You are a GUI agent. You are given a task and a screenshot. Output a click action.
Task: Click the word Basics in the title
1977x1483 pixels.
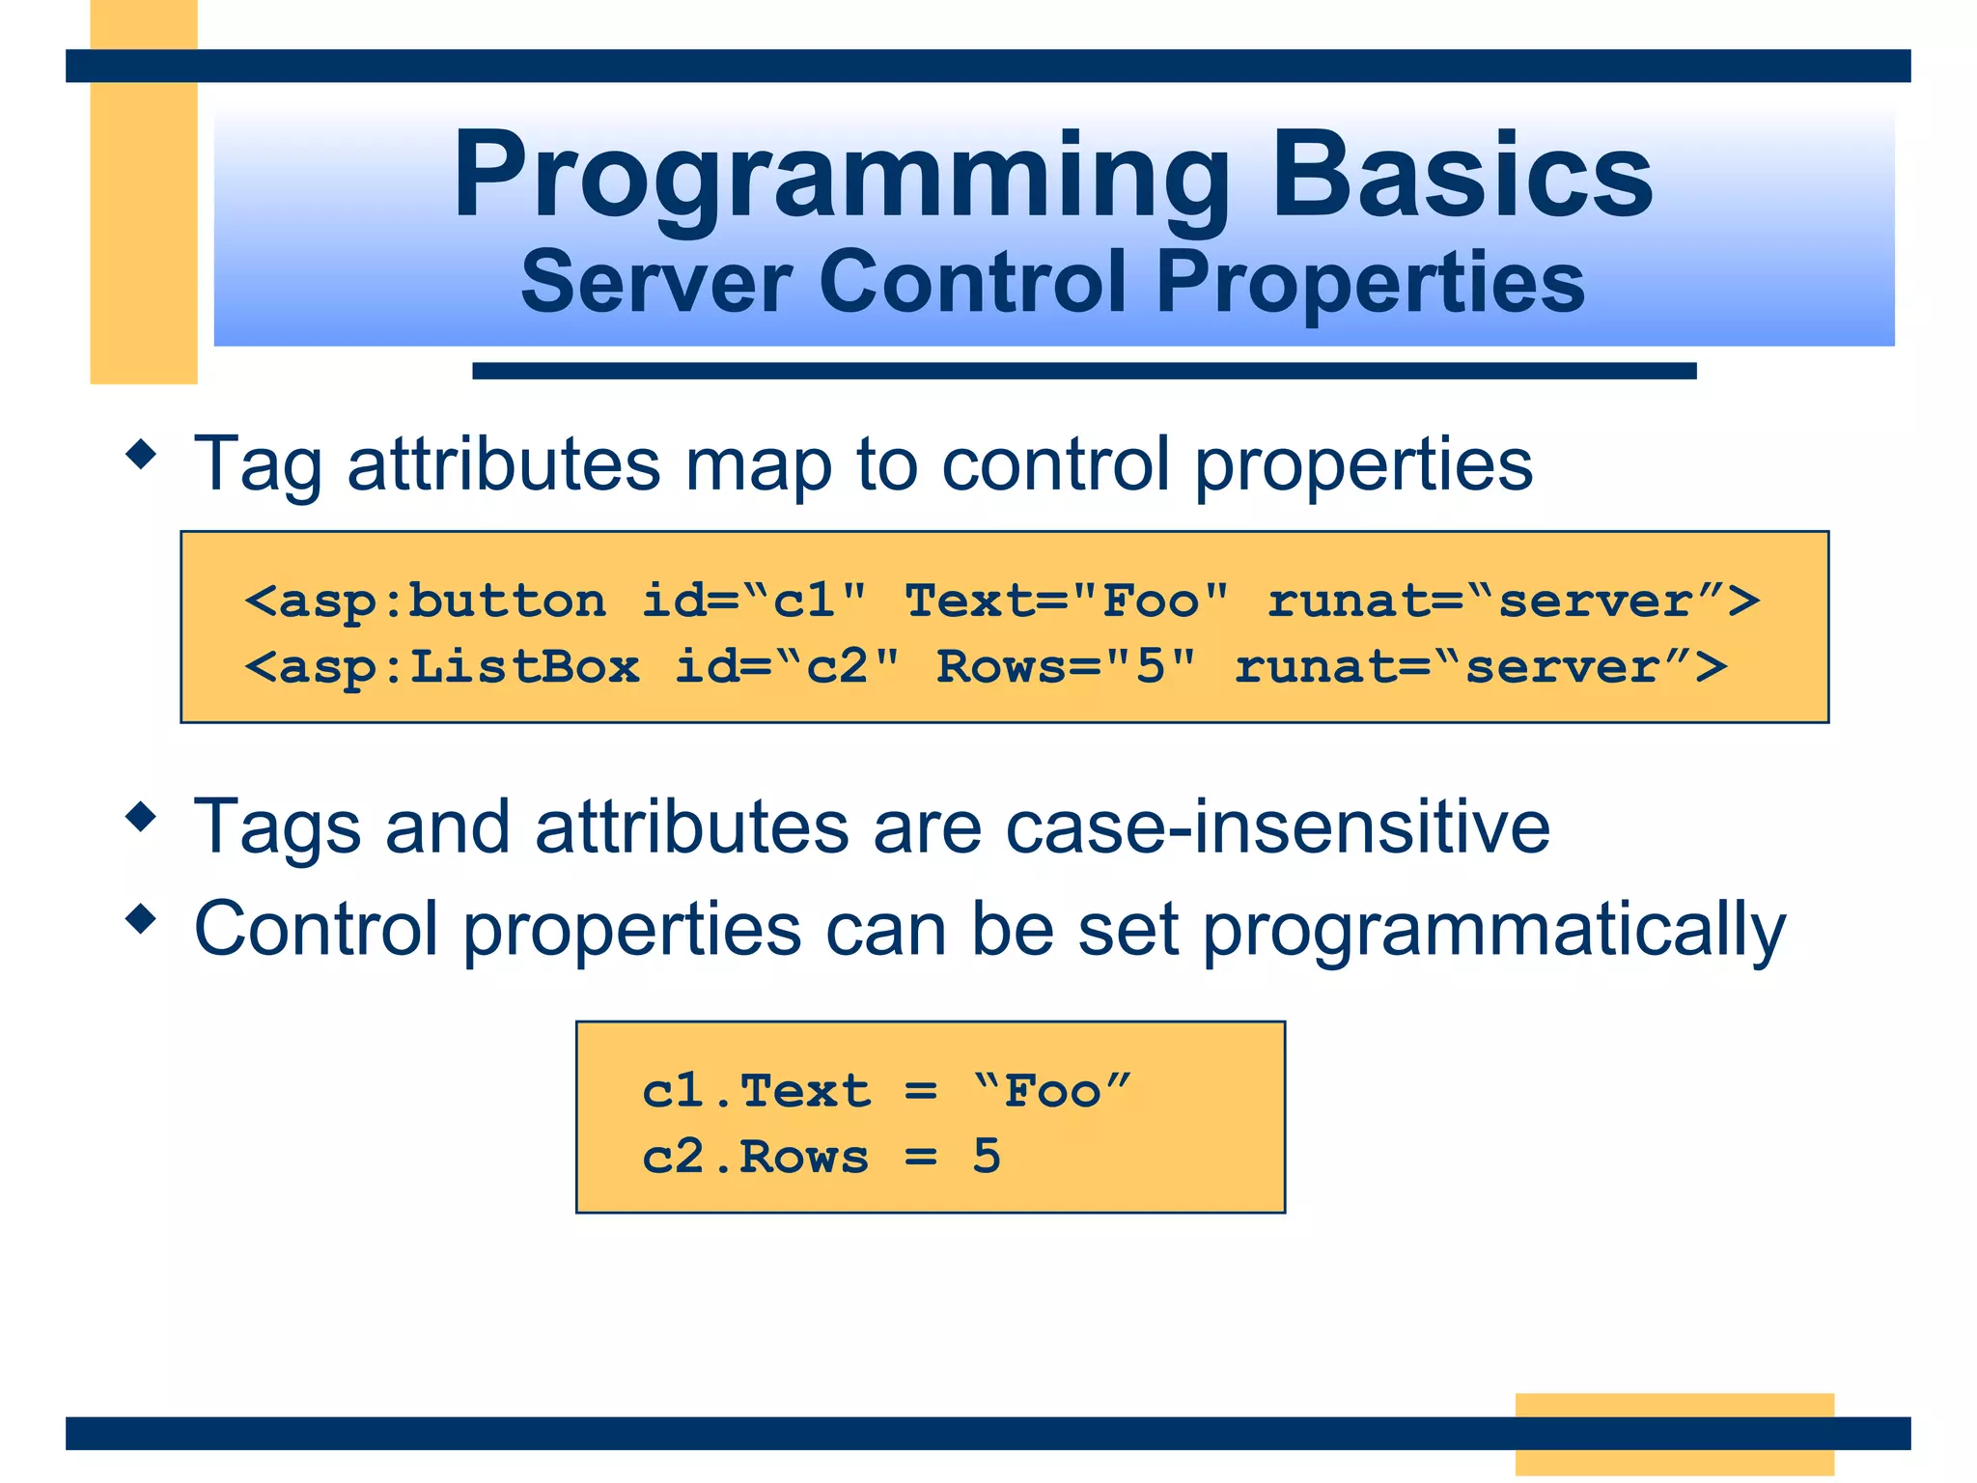click(1462, 177)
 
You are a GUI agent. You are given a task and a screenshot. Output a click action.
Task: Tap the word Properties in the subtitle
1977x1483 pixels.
click(1370, 284)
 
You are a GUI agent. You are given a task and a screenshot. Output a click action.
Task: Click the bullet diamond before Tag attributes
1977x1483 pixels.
click(142, 454)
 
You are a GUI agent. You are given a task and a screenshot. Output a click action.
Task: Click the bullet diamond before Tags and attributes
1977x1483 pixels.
click(142, 817)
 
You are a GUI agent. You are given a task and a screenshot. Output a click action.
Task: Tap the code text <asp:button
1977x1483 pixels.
click(426, 602)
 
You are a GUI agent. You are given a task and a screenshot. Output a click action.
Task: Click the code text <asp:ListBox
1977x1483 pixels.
click(442, 667)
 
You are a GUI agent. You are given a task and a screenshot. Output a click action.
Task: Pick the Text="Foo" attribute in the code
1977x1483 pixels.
click(1067, 602)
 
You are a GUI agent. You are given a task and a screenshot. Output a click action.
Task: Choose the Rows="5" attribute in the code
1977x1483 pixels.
click(1067, 667)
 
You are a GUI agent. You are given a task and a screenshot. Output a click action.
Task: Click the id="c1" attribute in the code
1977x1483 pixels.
click(754, 602)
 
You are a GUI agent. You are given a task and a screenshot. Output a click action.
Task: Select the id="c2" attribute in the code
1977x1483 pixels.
click(787, 667)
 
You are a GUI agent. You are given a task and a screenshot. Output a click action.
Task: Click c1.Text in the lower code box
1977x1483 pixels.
click(756, 1091)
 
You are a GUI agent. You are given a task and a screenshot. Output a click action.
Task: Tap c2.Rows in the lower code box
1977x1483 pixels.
click(756, 1157)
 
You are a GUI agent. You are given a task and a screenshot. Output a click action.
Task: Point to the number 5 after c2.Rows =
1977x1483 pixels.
click(987, 1156)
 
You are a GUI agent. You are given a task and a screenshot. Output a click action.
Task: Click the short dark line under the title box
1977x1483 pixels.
click(1083, 371)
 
